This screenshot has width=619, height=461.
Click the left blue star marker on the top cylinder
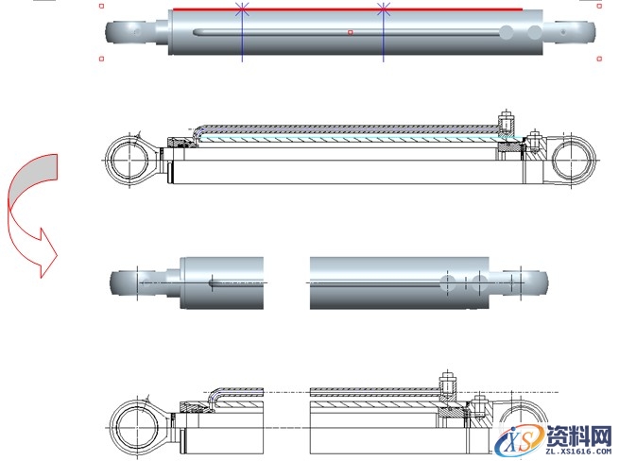coord(242,9)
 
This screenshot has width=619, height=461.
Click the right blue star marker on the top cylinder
coord(384,9)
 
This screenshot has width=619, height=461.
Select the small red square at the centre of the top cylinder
coord(350,32)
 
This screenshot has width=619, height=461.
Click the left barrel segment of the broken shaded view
coord(222,282)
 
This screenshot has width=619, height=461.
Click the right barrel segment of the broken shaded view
coord(397,282)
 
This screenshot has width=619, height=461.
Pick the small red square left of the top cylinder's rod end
coord(101,59)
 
